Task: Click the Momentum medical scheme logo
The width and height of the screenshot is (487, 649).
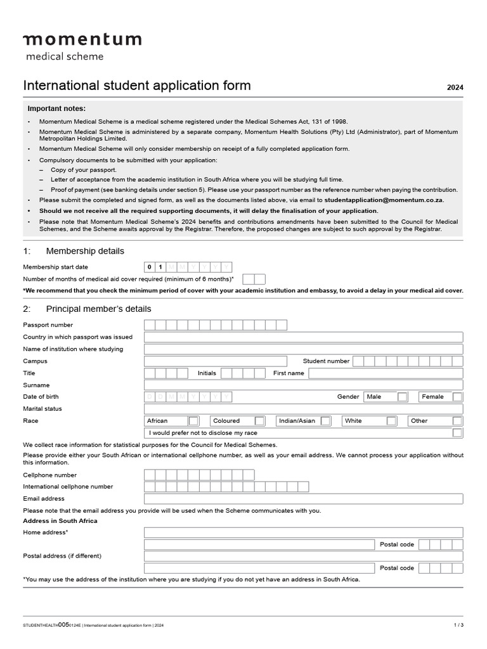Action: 82,46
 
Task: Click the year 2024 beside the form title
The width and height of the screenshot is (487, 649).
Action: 455,88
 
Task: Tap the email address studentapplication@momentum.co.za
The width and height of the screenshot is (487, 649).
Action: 384,200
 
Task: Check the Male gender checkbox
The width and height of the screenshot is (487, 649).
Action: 403,397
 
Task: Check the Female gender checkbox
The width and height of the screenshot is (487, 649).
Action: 457,397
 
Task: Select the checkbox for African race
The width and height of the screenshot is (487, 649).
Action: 194,421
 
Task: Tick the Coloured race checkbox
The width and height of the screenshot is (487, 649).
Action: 259,421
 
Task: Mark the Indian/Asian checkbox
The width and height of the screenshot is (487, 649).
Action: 325,421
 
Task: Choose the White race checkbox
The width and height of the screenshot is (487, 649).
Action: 391,421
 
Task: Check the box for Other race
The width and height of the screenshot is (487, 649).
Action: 457,421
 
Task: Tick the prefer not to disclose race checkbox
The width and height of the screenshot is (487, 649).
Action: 457,433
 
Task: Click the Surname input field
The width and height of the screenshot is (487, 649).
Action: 303,385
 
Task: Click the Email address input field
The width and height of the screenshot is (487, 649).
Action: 303,499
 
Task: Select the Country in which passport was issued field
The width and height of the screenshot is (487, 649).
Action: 303,337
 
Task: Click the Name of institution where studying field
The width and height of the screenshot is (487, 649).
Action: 303,349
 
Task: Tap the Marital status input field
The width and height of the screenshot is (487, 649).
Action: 303,409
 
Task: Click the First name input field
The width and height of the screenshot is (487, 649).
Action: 386,373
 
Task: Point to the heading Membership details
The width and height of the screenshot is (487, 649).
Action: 85,251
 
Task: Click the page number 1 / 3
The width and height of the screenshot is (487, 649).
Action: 458,625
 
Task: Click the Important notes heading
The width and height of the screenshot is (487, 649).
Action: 56,108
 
